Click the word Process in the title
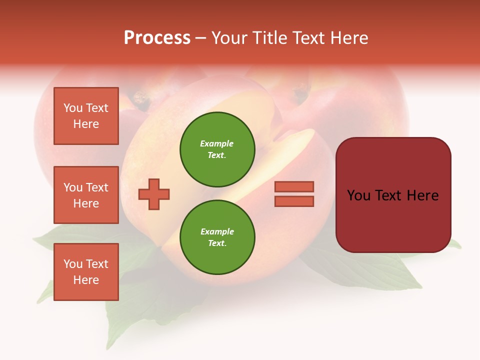tap(157, 38)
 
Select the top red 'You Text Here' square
tap(86, 116)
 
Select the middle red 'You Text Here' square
tap(86, 195)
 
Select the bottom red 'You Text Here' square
tap(86, 272)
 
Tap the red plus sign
tap(154, 194)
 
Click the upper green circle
tap(217, 149)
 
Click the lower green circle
tap(217, 237)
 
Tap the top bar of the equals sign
tap(294, 186)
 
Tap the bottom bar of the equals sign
tap(294, 201)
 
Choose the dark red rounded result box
tap(393, 195)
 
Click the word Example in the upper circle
tap(216, 143)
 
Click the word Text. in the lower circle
tap(217, 243)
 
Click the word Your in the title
tap(228, 38)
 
